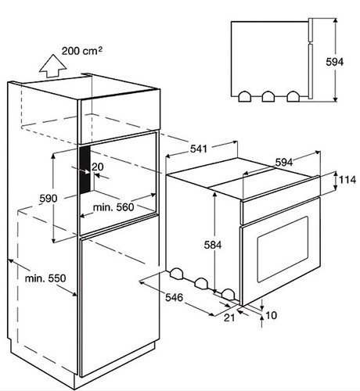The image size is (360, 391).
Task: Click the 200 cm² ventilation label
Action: (82, 51)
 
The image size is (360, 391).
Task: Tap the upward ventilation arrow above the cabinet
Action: (53, 66)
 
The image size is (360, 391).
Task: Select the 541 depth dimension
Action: (199, 149)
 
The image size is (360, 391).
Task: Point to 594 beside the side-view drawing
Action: (335, 62)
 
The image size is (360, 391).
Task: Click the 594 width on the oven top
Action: (284, 163)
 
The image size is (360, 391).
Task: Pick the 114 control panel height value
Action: (347, 180)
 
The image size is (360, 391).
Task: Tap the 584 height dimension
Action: (213, 245)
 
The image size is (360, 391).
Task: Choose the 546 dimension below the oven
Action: (175, 297)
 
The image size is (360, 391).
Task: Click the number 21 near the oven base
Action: (229, 317)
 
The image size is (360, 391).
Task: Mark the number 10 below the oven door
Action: (271, 315)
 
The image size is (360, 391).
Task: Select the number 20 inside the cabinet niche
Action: (98, 167)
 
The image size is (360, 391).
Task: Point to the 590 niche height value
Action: (49, 199)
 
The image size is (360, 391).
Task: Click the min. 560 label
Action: (113, 207)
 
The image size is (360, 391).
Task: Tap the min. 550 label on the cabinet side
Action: (45, 278)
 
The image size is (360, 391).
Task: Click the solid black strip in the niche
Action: (85, 170)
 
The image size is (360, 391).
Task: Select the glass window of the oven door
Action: (283, 249)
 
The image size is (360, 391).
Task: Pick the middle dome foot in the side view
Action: (268, 96)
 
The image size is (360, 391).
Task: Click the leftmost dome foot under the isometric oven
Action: (176, 273)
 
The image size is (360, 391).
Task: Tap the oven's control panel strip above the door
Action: (281, 211)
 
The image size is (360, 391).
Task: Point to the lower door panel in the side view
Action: (311, 71)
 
